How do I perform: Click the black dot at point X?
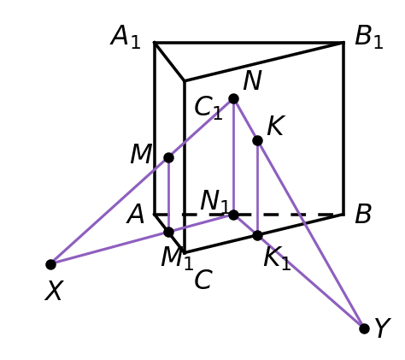pos(50,264)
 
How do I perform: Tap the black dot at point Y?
pos(364,328)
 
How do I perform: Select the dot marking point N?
pos(233,99)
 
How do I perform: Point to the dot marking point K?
pos(257,140)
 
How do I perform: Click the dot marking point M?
pos(168,157)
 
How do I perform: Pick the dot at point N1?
pos(233,215)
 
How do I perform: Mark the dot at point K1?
pos(257,235)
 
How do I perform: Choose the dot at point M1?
pos(168,232)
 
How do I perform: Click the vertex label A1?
pos(126,37)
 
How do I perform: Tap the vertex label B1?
pos(369,37)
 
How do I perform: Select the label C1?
pos(208,108)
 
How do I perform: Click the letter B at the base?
pos(363,214)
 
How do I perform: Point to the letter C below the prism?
pos(203,280)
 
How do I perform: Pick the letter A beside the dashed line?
pos(136,215)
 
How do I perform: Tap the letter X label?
pos(54,291)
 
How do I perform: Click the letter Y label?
pos(383,328)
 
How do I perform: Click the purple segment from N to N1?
pos(233,156)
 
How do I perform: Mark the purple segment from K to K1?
pos(257,188)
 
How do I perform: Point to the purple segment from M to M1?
pos(168,195)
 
